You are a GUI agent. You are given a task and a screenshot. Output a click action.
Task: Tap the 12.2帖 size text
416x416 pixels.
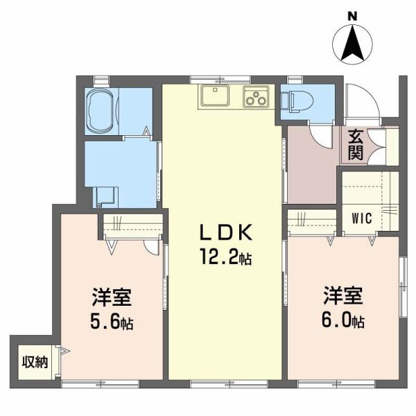(x=226, y=257)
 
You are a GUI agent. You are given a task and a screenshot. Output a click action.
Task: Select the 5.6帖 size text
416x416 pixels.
(x=112, y=321)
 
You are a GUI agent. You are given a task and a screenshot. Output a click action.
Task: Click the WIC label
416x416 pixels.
(x=362, y=218)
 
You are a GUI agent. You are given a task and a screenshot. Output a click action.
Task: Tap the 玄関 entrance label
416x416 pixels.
(x=355, y=145)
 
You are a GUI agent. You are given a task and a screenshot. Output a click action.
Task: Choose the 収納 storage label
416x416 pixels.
(x=35, y=362)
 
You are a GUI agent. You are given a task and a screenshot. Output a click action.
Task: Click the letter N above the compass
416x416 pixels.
(x=352, y=17)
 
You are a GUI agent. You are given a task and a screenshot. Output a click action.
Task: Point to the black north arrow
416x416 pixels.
(x=352, y=42)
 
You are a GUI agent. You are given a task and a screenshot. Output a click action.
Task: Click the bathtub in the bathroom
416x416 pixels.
(x=101, y=112)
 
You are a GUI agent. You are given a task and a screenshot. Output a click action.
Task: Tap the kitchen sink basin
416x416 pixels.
(x=215, y=95)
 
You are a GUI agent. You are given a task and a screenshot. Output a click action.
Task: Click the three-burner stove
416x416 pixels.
(x=256, y=96)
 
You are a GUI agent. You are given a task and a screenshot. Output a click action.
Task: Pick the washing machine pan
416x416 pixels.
(x=105, y=197)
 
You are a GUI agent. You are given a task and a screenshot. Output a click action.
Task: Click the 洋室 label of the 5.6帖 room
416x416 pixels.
(x=112, y=297)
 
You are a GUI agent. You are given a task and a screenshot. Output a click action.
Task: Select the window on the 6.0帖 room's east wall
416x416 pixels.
(x=404, y=287)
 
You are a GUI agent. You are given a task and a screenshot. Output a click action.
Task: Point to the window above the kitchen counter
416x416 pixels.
(x=220, y=80)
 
